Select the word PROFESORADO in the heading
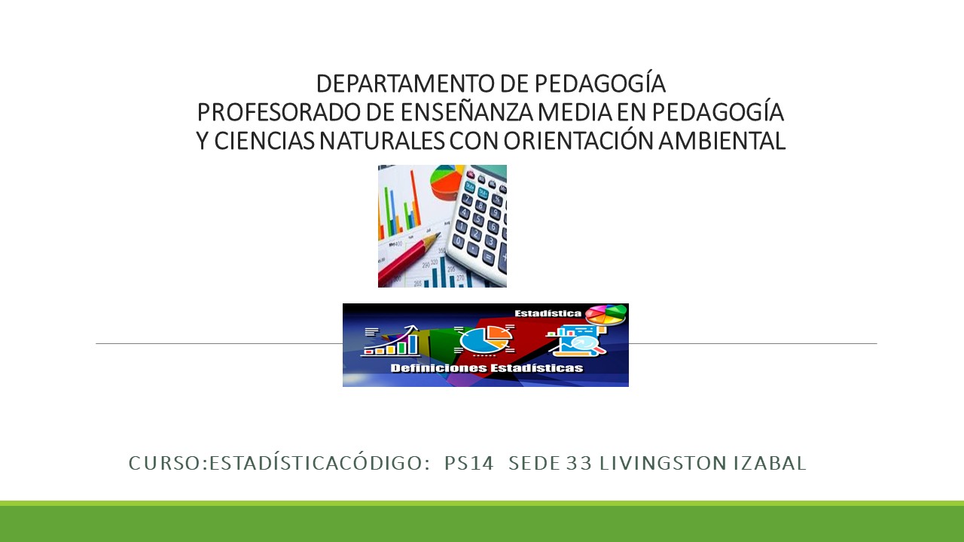(279, 112)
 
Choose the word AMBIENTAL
(721, 141)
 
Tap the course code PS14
(469, 463)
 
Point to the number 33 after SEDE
(579, 463)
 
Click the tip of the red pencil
(439, 234)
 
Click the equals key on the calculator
(488, 257)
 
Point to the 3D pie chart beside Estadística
(606, 315)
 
